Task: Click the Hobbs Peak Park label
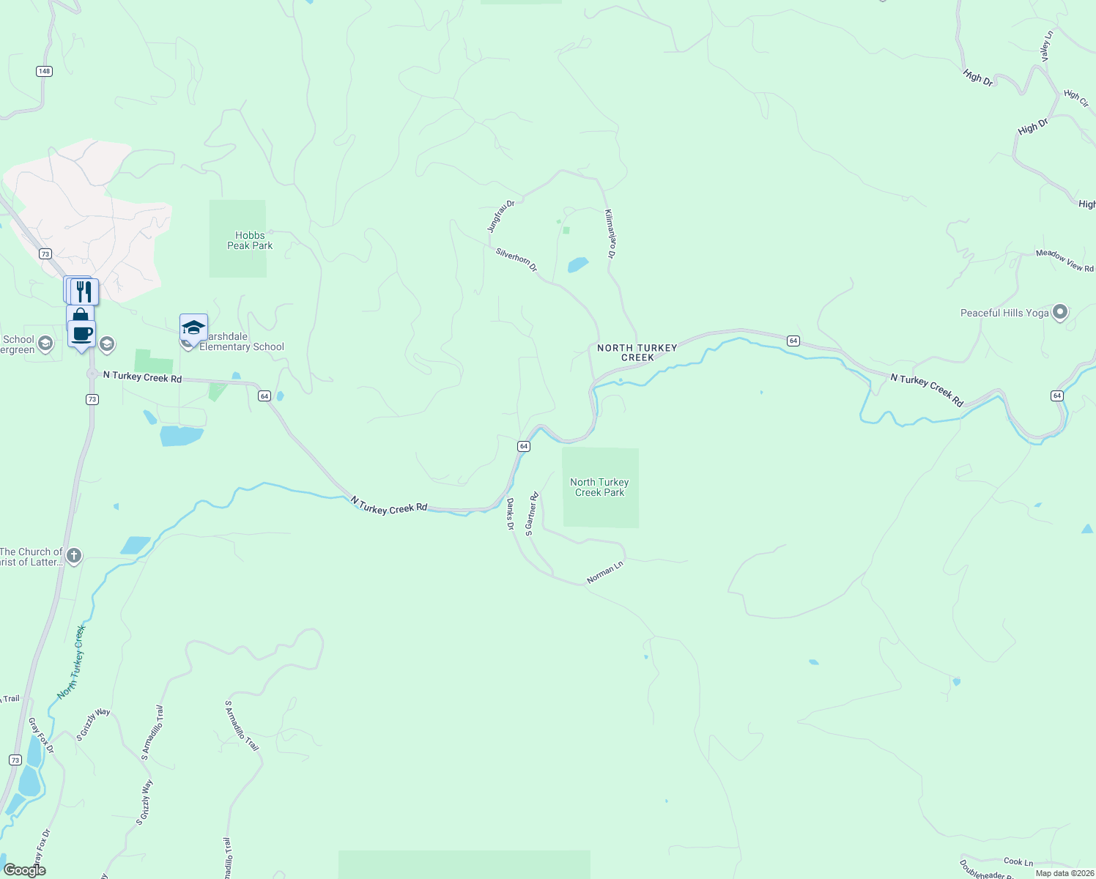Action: click(x=250, y=240)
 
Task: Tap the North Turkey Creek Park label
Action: click(x=599, y=487)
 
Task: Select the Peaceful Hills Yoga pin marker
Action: click(x=1059, y=313)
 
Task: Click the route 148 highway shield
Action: click(x=44, y=71)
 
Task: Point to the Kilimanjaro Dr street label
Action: click(x=610, y=234)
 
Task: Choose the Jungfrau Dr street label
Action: click(x=501, y=216)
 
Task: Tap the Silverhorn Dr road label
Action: click(x=516, y=260)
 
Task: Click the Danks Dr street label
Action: click(x=511, y=514)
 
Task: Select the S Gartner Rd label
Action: click(x=532, y=513)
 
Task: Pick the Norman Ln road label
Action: click(x=605, y=572)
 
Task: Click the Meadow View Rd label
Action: click(x=1064, y=261)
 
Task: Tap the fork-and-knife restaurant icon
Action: click(x=84, y=292)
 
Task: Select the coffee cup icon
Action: click(x=82, y=333)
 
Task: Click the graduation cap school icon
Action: click(x=193, y=327)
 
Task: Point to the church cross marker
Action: click(x=74, y=555)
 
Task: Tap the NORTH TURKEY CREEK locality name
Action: click(x=637, y=352)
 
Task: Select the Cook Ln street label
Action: click(x=1018, y=861)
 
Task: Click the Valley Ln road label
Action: click(x=1046, y=45)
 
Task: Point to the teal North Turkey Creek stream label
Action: click(x=72, y=661)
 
